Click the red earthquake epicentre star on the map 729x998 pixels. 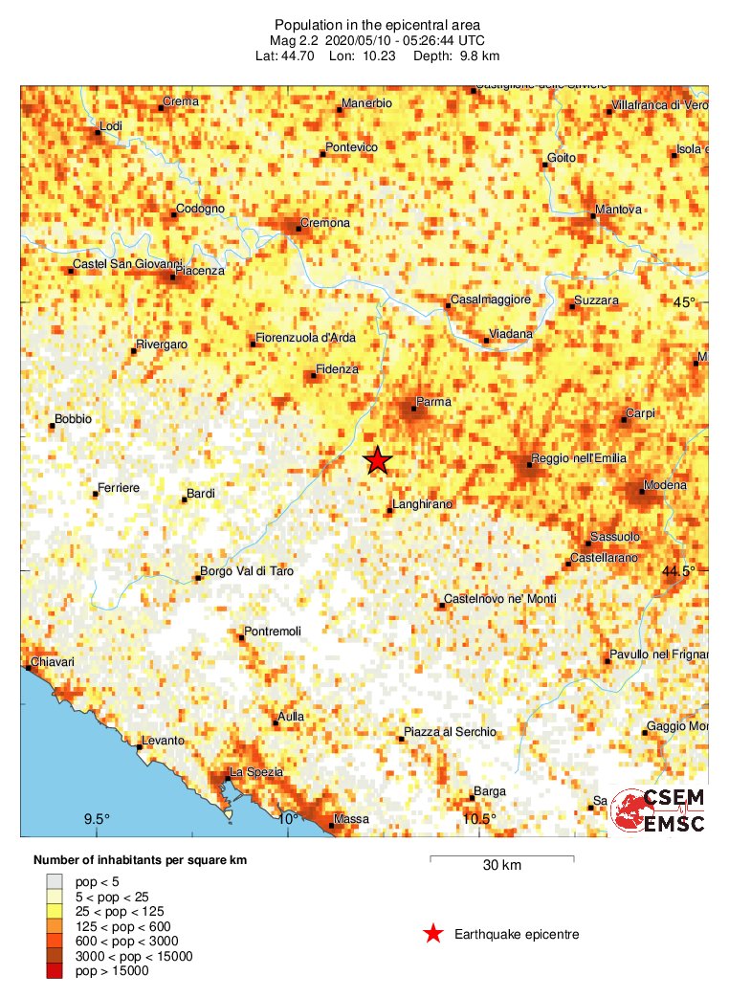[x=378, y=461]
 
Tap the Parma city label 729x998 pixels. [x=432, y=402]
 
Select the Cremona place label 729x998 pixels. [x=325, y=223]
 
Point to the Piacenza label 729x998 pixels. [x=199, y=271]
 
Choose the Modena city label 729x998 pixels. [x=665, y=485]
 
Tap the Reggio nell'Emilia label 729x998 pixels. [x=579, y=459]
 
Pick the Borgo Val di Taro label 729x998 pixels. [x=246, y=571]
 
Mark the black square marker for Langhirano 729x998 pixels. [x=389, y=511]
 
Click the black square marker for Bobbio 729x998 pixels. [x=52, y=426]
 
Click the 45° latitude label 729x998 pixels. [x=684, y=302]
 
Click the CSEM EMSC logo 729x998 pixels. [x=658, y=810]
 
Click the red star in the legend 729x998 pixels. [x=433, y=934]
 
